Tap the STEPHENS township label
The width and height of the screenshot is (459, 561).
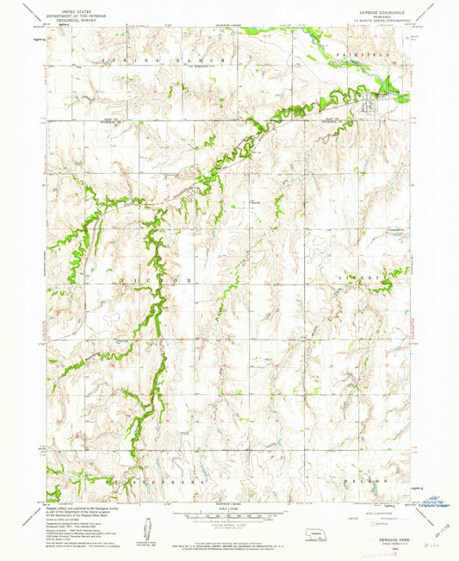pos(160,482)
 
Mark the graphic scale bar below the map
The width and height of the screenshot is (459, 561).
pos(228,516)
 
